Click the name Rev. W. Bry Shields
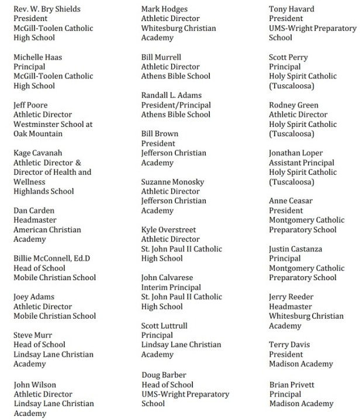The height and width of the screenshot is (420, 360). click(x=47, y=9)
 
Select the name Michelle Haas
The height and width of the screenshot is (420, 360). click(x=39, y=57)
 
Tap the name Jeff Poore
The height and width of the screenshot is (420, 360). click(x=32, y=105)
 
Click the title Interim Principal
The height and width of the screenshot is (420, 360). click(x=171, y=287)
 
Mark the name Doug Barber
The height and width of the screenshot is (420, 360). click(x=164, y=374)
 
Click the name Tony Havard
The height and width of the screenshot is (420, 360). click(x=291, y=9)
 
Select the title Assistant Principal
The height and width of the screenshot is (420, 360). click(x=302, y=163)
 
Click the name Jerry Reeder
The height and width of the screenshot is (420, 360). click(x=290, y=297)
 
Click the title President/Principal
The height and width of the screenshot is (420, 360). click(x=176, y=105)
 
